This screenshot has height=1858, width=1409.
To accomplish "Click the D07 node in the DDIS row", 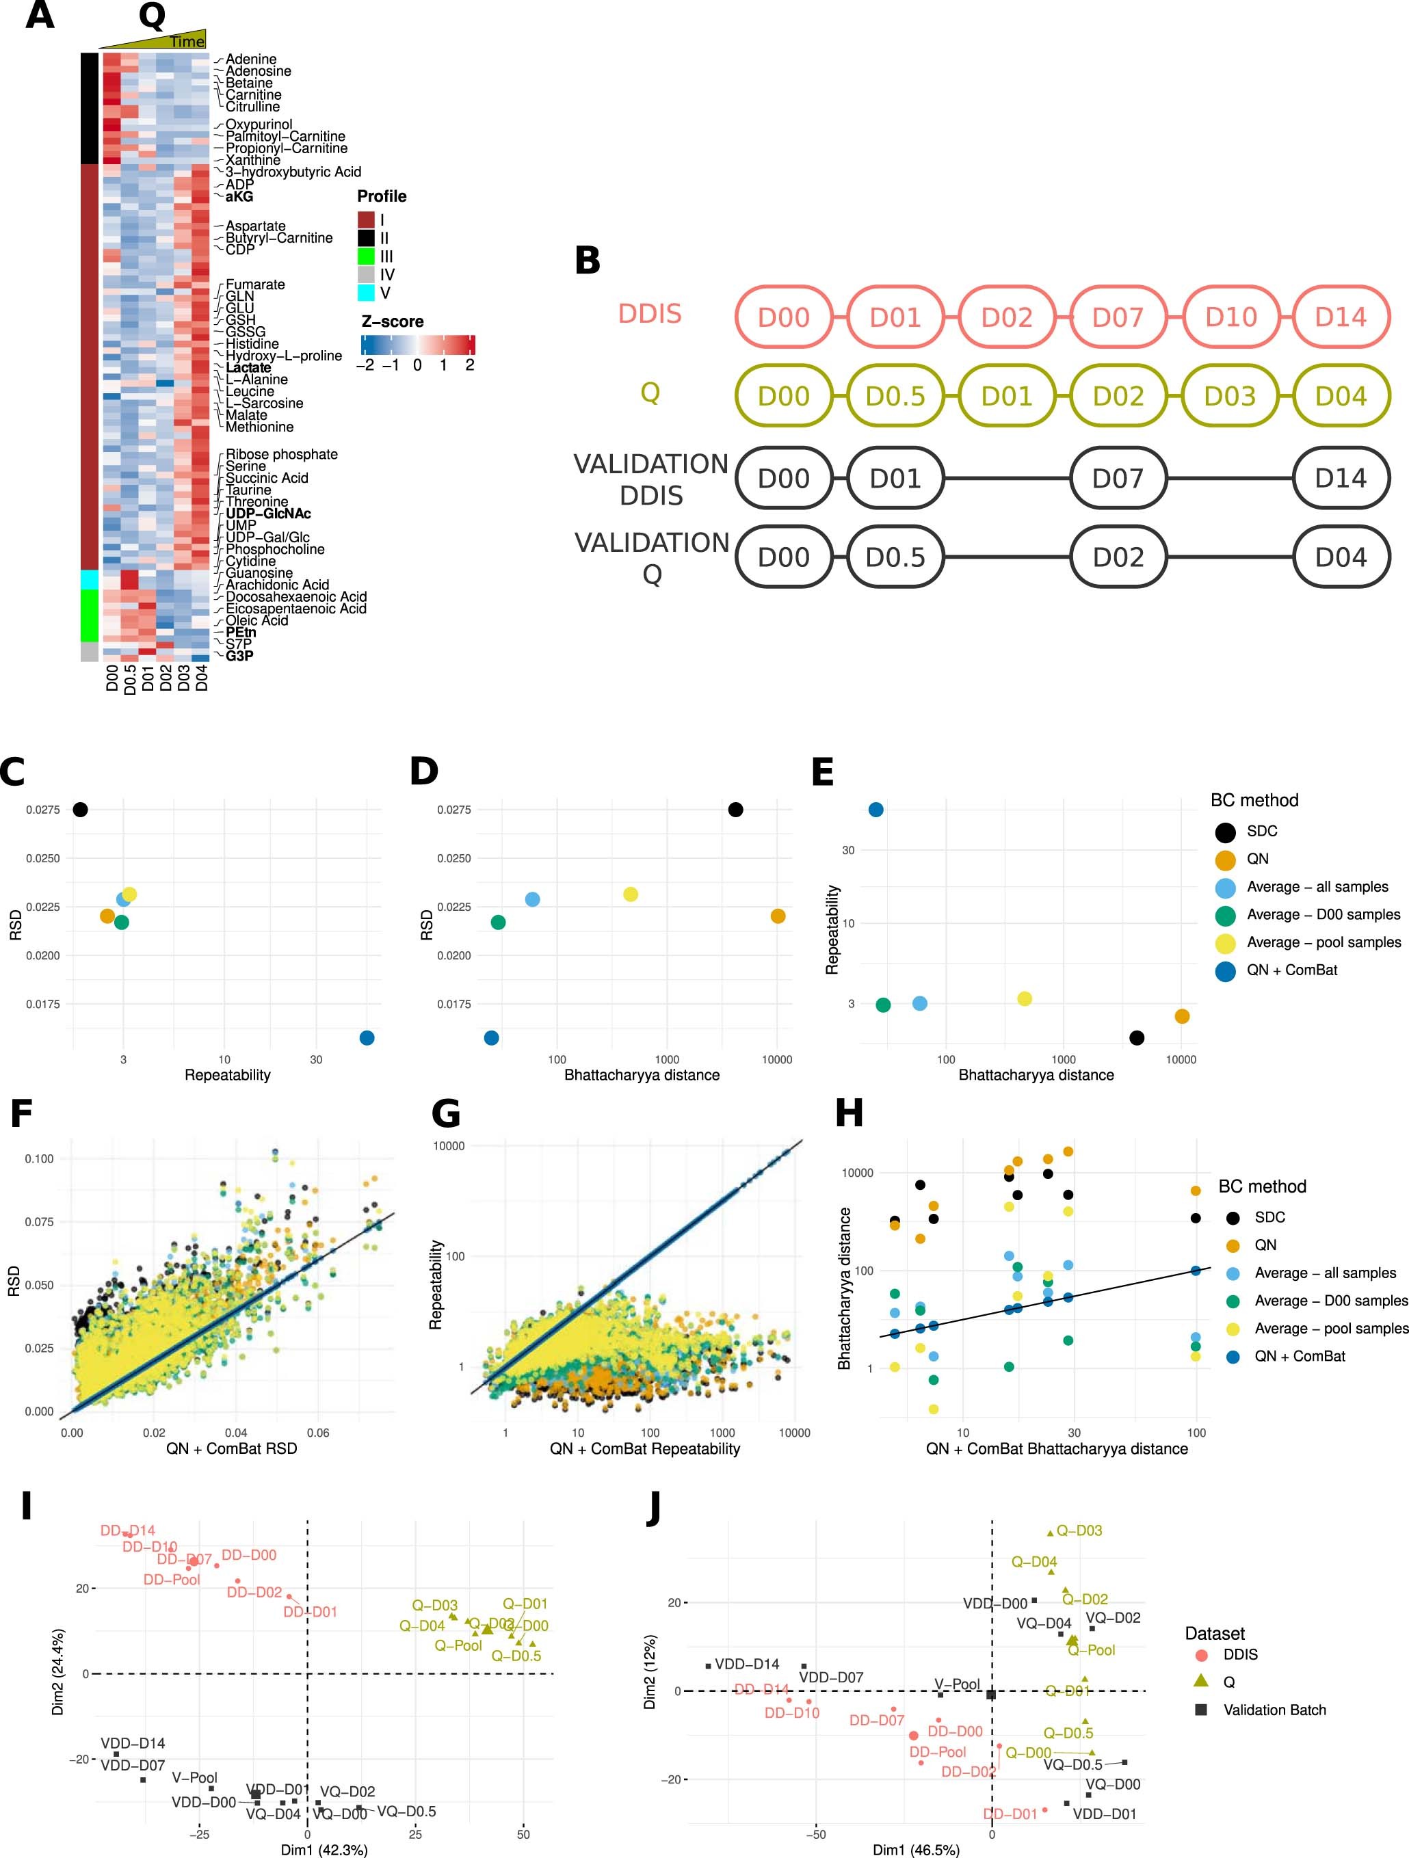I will [x=1118, y=317].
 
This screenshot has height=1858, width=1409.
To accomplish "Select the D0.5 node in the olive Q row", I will [x=895, y=396].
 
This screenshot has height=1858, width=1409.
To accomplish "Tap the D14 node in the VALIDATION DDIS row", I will [x=1340, y=478].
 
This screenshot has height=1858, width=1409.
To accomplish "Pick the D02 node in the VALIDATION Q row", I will [x=1118, y=557].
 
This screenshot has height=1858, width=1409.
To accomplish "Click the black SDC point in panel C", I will [x=80, y=810].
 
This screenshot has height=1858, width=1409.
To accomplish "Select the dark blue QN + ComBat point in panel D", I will [x=492, y=1037].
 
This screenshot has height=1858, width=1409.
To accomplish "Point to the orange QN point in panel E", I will [x=1181, y=1016].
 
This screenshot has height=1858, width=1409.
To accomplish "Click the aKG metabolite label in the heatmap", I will [x=239, y=196].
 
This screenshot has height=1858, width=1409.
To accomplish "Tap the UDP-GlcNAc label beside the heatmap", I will [x=268, y=513].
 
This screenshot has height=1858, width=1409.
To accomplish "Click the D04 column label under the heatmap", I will [x=202, y=677].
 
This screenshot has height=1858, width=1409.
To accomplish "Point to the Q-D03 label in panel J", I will [x=1079, y=1530].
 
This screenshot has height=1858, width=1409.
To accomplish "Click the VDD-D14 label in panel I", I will [x=133, y=1743].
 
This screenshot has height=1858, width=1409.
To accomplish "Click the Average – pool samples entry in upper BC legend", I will [x=1324, y=942].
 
